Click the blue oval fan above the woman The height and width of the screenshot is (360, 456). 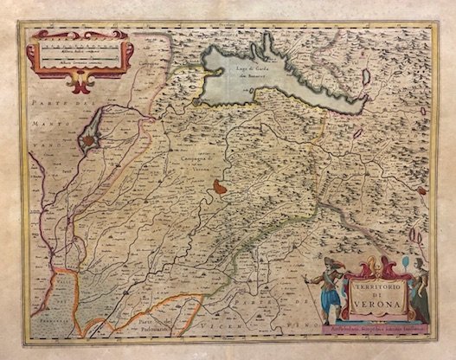pyautogui.click(x=406, y=262)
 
